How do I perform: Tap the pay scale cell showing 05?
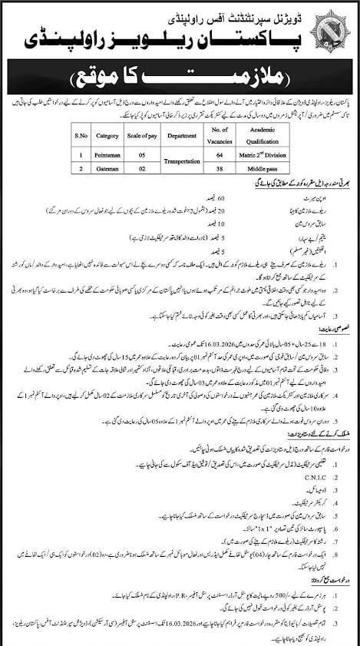(142, 156)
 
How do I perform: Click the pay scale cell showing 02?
(142, 170)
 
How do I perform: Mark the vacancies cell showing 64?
(221, 156)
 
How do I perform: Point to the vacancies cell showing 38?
(221, 170)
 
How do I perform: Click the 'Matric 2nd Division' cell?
(263, 156)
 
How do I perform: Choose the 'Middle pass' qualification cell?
(263, 170)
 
